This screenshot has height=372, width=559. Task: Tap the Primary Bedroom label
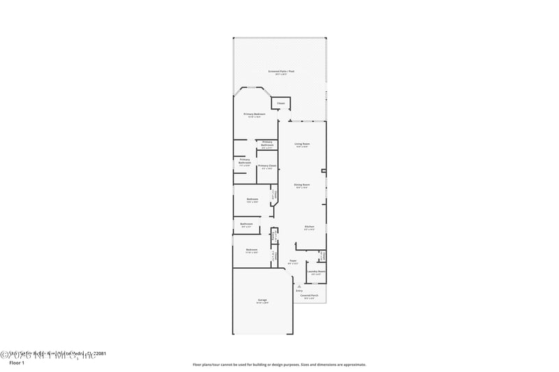254,114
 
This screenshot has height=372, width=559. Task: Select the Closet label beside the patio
281,103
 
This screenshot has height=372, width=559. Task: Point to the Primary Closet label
268,165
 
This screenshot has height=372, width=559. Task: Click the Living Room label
302,143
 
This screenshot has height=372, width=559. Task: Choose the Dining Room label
302,184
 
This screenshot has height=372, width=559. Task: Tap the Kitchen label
309,227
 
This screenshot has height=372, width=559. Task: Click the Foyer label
293,261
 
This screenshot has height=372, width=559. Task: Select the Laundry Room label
316,271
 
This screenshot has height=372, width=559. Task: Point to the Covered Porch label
310,296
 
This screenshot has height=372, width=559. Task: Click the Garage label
262,299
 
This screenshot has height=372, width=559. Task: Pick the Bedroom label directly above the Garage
252,249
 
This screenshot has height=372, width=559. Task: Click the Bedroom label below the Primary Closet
252,199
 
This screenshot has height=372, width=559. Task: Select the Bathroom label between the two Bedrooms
247,224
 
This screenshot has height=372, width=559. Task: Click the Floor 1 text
16,363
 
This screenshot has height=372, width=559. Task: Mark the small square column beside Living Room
323,170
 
